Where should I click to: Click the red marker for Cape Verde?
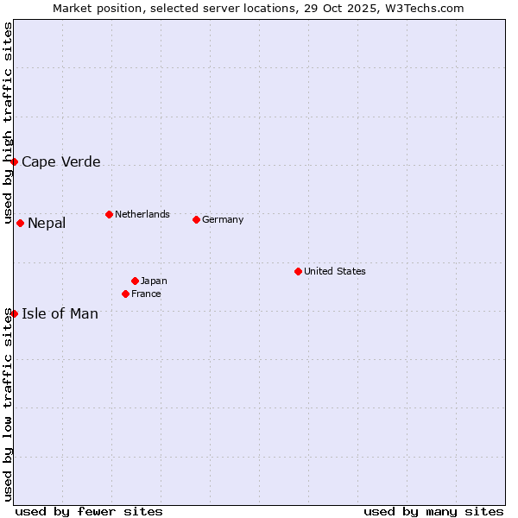point(14,161)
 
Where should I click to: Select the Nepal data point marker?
point(20,223)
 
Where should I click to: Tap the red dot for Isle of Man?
point(14,313)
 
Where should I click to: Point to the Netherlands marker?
point(109,214)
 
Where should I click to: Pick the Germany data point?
point(196,219)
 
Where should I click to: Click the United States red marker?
point(298,271)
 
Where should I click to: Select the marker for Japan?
point(135,281)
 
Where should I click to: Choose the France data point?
point(125,294)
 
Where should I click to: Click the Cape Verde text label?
point(60,161)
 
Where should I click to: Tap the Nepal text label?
point(47,224)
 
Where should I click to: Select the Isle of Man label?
point(60,313)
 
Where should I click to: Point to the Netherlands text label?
point(142,214)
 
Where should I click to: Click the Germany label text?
point(223,219)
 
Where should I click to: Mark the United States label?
point(335,271)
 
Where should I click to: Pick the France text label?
point(146,294)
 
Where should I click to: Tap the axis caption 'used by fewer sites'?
point(89,511)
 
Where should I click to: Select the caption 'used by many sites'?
point(433,511)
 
